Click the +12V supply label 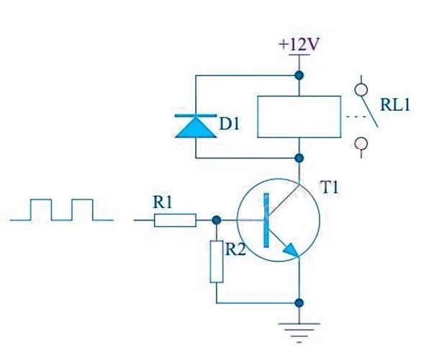tap(299, 45)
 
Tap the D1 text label tap(229, 124)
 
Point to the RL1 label tap(395, 105)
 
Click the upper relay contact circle tap(361, 90)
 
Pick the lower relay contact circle tap(361, 144)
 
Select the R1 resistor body tap(175, 220)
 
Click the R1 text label tap(163, 202)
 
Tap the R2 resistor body tap(217, 261)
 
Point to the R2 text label tap(235, 250)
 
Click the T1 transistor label tap(330, 187)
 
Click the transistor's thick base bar tap(266, 220)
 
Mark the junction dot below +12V tap(299, 76)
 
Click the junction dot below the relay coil tap(299, 158)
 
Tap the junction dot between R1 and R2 tap(217, 220)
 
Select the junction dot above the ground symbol tap(299, 303)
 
